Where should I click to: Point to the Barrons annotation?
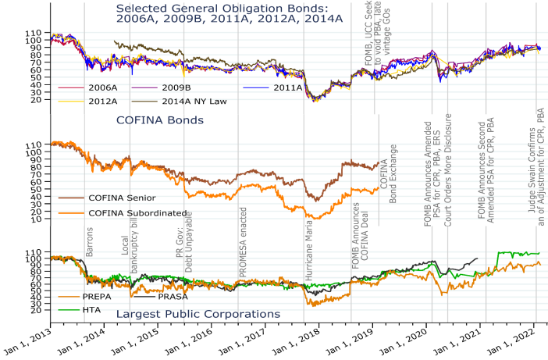(90, 243)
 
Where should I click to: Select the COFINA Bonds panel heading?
(159, 121)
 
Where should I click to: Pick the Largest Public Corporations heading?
(198, 314)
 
